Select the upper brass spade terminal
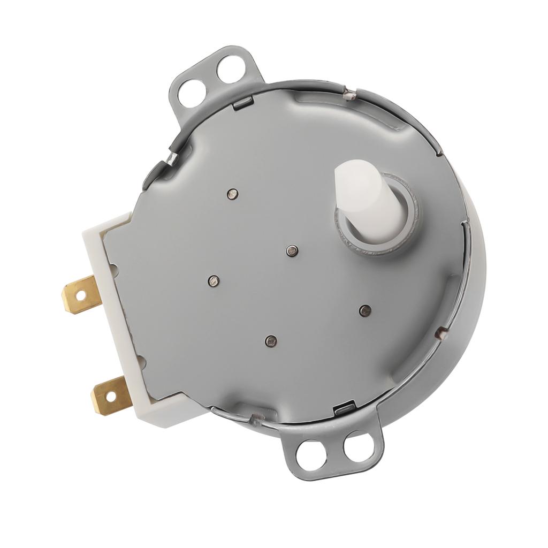click(x=81, y=294)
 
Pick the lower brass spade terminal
click(x=111, y=395)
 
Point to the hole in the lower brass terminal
click(x=110, y=397)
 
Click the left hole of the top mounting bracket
click(x=192, y=93)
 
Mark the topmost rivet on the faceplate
click(x=232, y=193)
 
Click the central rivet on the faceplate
click(x=292, y=250)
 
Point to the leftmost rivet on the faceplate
click(x=214, y=280)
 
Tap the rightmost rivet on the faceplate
click(x=365, y=310)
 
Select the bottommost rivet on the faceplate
click(x=271, y=340)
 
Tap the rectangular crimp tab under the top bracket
click(x=242, y=104)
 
